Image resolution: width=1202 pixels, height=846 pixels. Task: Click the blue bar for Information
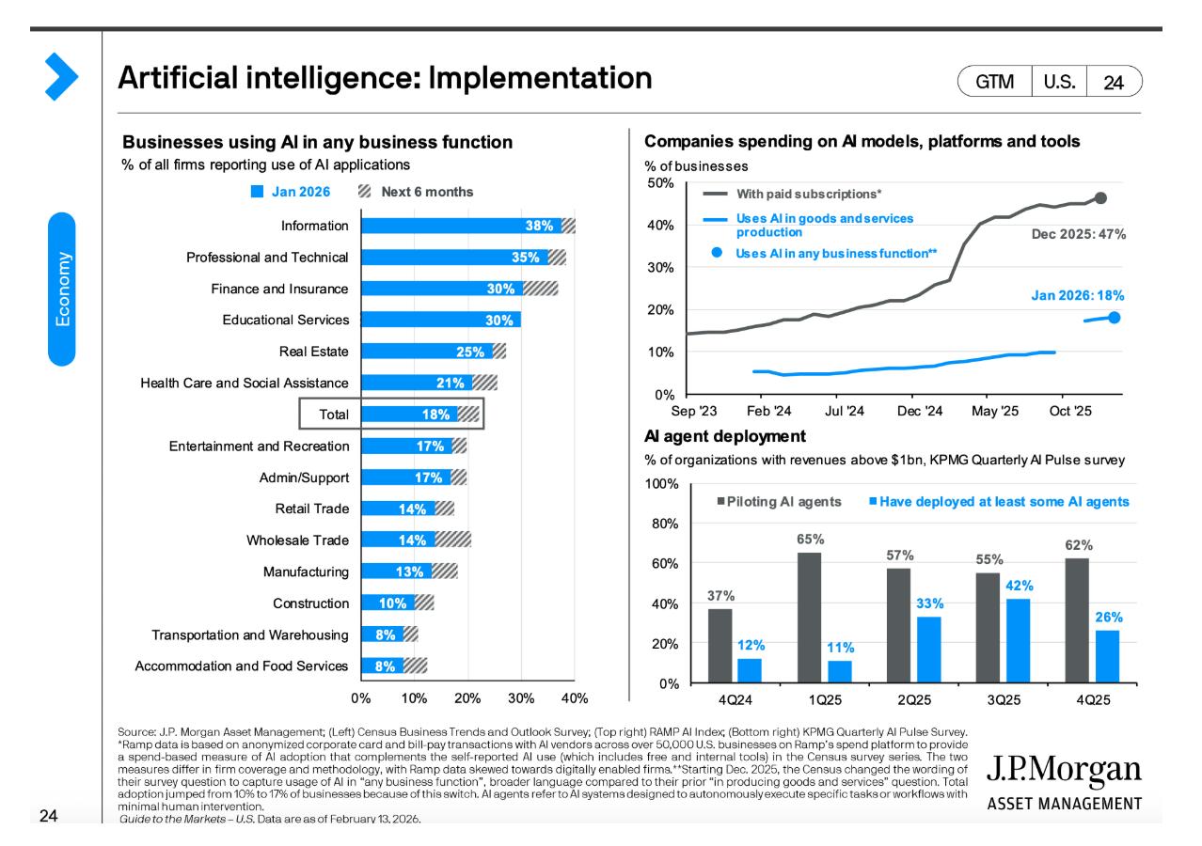click(x=461, y=226)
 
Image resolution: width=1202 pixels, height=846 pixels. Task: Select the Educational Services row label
click(x=285, y=320)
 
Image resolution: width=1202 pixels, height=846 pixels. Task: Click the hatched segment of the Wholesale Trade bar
click(x=452, y=540)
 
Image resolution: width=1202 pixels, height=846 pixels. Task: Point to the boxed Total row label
click(x=333, y=415)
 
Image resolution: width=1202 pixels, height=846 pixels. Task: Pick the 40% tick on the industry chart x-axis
click(x=575, y=698)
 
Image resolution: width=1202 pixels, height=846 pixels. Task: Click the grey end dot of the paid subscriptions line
click(x=1101, y=198)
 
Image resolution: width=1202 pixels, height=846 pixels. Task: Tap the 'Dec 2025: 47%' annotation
click(x=1079, y=233)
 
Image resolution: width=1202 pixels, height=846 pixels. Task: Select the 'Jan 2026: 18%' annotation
click(x=1078, y=295)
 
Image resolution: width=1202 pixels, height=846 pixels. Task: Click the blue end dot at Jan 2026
click(x=1114, y=318)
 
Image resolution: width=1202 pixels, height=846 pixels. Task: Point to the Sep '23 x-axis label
click(x=694, y=411)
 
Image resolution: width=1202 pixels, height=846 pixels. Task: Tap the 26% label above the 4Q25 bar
click(x=1108, y=618)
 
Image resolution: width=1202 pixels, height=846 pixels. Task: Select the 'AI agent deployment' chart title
click(x=724, y=436)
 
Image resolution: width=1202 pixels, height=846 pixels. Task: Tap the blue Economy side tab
click(x=61, y=288)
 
